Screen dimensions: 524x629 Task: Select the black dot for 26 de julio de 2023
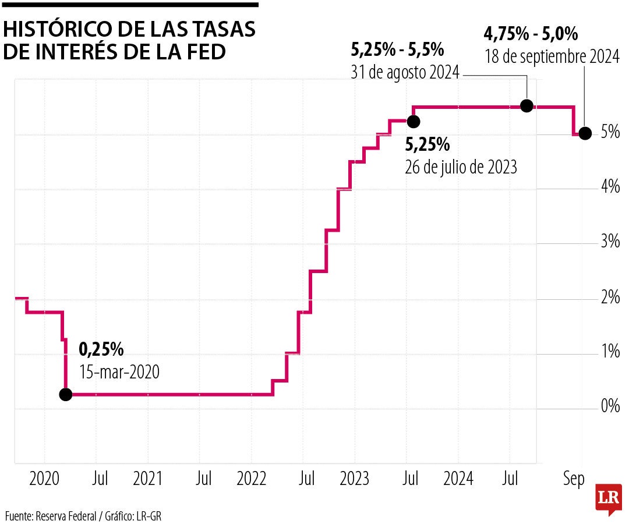(x=413, y=121)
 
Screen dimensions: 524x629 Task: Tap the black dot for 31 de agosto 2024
(x=526, y=105)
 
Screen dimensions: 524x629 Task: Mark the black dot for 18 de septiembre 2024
(x=585, y=133)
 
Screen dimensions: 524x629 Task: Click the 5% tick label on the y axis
(x=610, y=133)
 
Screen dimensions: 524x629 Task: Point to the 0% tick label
(x=610, y=406)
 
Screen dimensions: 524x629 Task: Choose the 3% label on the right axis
(x=610, y=242)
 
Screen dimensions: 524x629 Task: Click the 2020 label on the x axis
(x=44, y=479)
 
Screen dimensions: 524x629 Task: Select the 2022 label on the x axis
(x=251, y=479)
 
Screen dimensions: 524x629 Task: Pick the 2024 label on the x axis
(x=458, y=479)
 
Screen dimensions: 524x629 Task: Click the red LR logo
(x=609, y=498)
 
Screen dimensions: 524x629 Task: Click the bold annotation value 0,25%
(x=101, y=349)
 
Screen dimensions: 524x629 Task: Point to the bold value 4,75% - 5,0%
(x=531, y=34)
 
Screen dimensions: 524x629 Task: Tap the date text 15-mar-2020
(x=119, y=372)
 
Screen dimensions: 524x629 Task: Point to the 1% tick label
(x=610, y=352)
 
